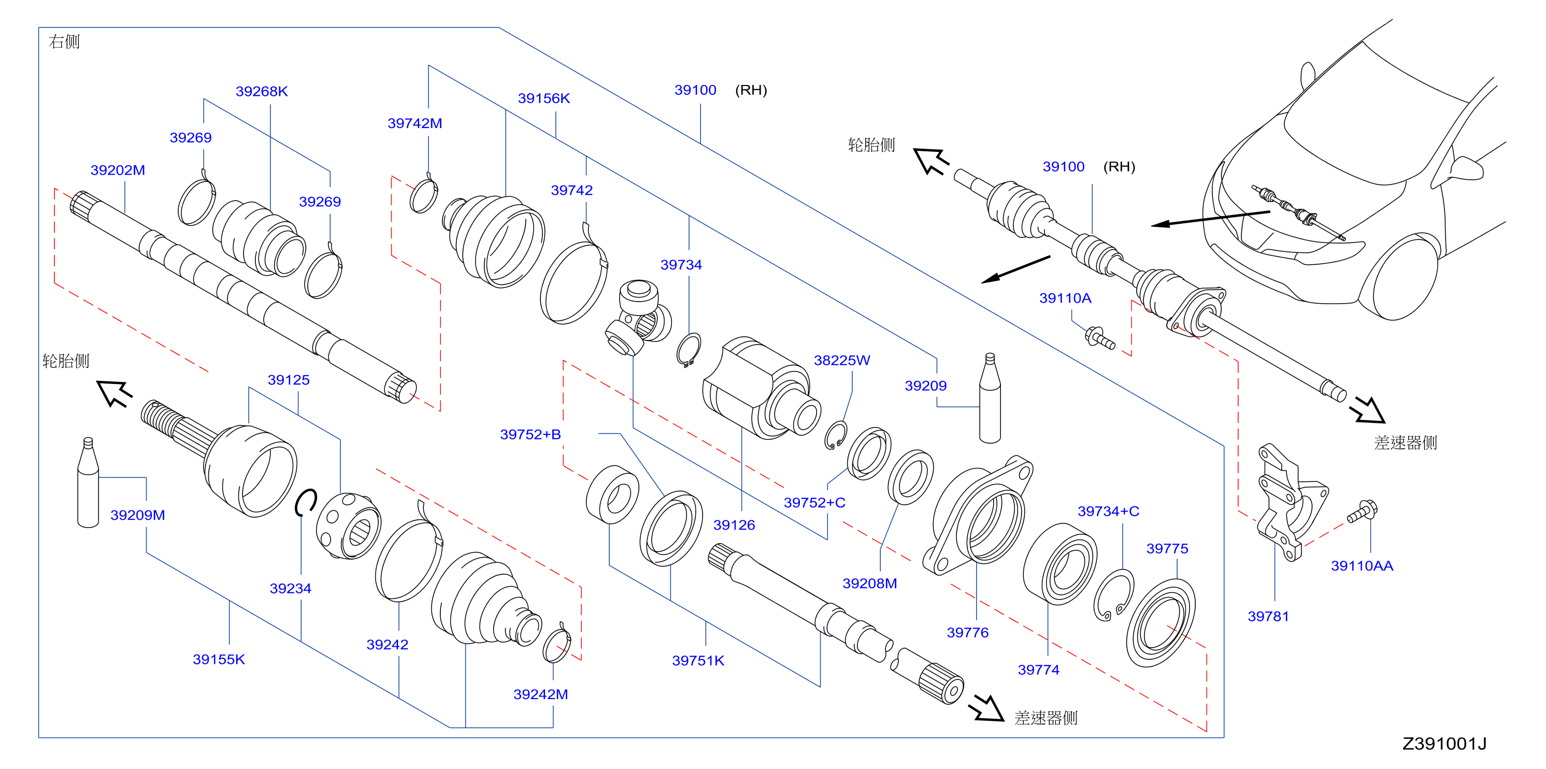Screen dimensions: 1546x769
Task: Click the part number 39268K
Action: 262,91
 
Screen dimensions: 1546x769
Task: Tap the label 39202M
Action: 118,170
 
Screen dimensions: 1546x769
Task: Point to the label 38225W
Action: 841,360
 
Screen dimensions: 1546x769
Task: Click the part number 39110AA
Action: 1362,565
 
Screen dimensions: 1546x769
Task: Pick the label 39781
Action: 1268,616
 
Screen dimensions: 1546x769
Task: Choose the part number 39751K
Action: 698,660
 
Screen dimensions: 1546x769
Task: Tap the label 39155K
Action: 219,659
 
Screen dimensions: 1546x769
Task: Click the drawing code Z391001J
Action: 1444,744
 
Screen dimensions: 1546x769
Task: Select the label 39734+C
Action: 1108,511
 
